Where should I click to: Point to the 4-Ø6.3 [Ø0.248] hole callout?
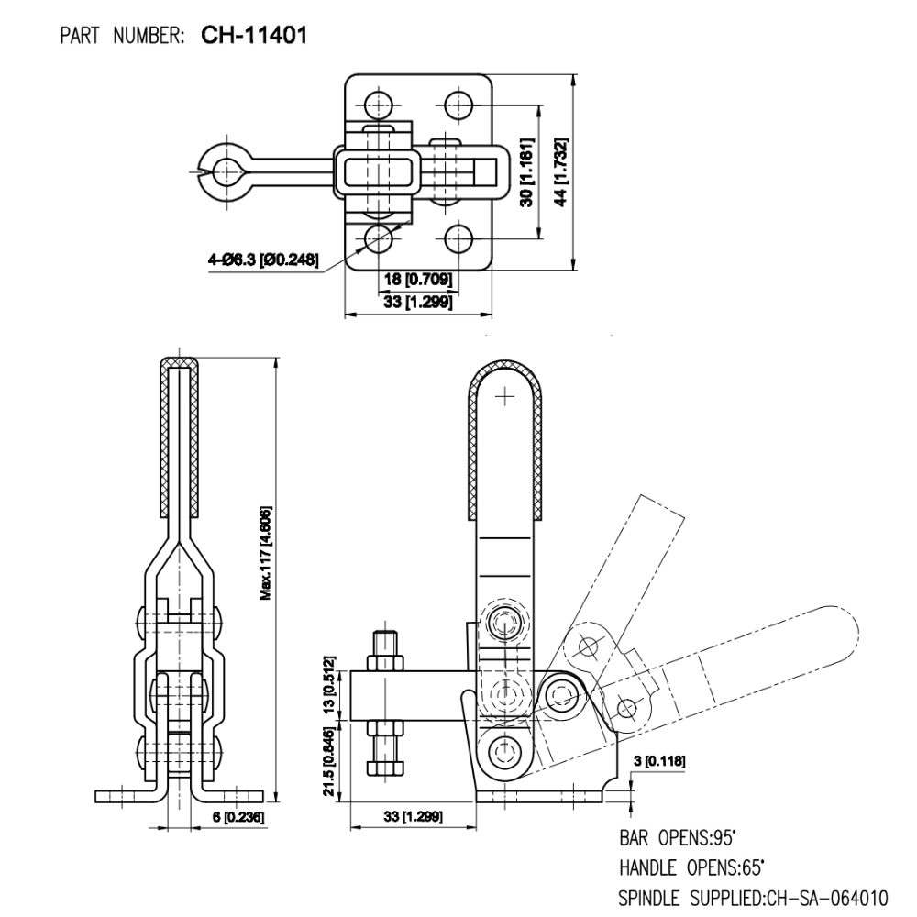[262, 260]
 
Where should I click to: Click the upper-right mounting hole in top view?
[458, 102]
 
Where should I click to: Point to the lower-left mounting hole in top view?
[377, 239]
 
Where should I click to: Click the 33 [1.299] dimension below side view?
[413, 815]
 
